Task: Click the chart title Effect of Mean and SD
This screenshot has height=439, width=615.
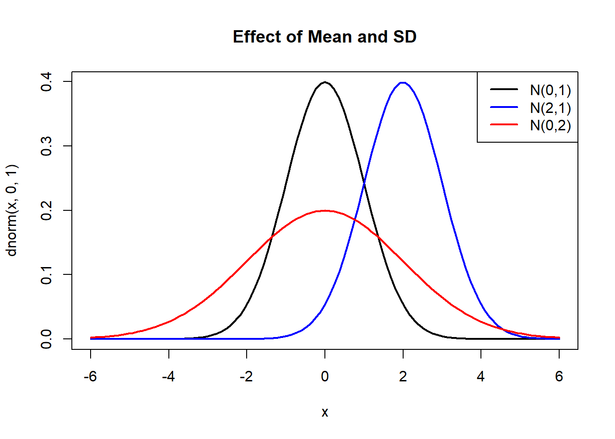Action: click(324, 37)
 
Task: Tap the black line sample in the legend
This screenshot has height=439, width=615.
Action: click(504, 90)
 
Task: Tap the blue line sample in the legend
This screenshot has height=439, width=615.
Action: click(504, 107)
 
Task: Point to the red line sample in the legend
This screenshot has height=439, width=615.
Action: click(504, 124)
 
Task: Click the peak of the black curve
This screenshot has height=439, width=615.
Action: click(325, 82)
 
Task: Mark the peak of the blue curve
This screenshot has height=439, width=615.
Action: click(403, 83)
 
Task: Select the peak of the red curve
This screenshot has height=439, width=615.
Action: click(325, 211)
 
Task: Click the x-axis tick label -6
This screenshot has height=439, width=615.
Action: click(90, 376)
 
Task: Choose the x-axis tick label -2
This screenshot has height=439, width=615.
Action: click(246, 376)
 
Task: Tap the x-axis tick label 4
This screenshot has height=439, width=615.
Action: click(480, 376)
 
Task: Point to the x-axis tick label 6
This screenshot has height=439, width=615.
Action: click(559, 376)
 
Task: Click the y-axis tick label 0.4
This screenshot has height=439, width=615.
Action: click(46, 82)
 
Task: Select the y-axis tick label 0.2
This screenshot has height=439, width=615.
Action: click(46, 210)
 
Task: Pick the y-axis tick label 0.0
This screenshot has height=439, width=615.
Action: click(46, 339)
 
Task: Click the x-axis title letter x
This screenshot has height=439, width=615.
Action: click(324, 412)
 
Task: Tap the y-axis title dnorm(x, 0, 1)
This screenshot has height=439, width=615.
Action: click(11, 210)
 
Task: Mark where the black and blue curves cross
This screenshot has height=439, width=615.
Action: click(364, 183)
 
